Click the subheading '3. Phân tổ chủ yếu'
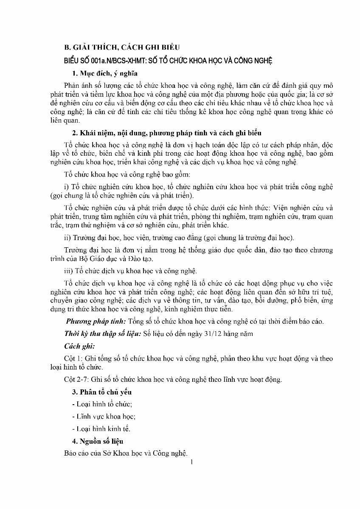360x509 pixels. [101, 392]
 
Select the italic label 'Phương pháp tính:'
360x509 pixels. [96, 322]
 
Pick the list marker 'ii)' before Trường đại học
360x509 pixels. [67, 238]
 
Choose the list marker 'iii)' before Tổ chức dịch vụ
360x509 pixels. [68, 271]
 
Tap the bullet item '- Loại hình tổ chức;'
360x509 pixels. [102, 404]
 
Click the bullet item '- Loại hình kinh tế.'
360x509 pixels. [101, 429]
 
